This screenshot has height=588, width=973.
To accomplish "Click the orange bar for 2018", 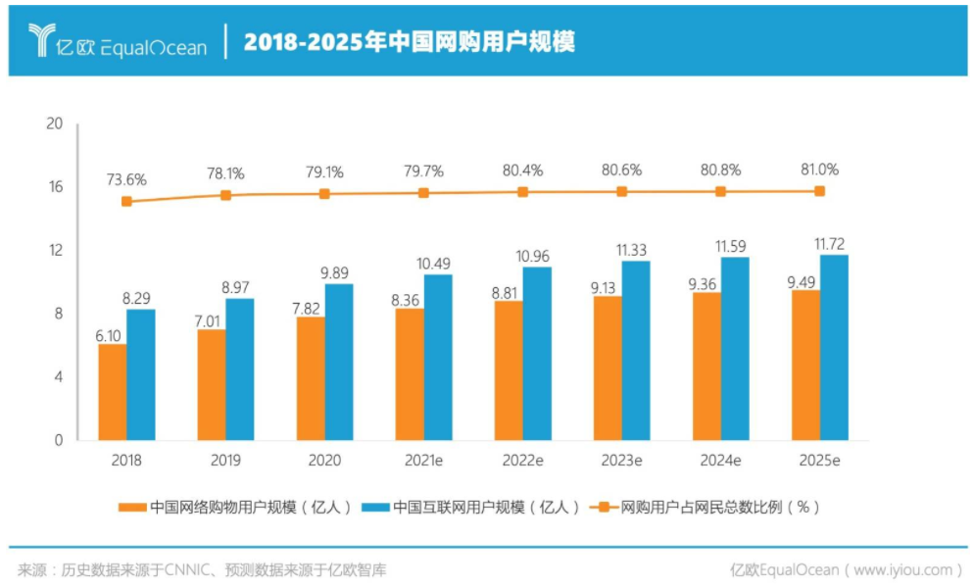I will [x=113, y=392].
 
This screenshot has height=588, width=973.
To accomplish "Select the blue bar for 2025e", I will [x=834, y=348].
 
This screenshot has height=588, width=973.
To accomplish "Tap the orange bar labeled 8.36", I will [x=410, y=374].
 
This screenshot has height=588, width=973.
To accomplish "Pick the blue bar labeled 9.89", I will [x=339, y=362].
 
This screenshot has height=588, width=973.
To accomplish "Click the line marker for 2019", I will [x=225, y=195].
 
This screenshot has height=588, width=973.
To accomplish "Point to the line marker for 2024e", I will [x=721, y=192].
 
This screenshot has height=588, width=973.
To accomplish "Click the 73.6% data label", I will [x=126, y=179].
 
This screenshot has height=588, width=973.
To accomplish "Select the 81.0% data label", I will [x=819, y=169].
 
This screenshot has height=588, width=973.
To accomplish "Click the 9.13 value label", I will [x=607, y=285].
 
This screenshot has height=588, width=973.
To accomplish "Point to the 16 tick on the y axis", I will [x=55, y=187].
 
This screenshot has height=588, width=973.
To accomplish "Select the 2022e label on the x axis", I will [x=522, y=461].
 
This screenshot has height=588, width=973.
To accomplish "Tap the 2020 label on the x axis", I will [x=324, y=461].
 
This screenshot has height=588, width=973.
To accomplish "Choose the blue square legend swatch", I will [x=375, y=508].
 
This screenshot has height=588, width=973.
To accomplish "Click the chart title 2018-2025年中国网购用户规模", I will [x=409, y=41].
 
